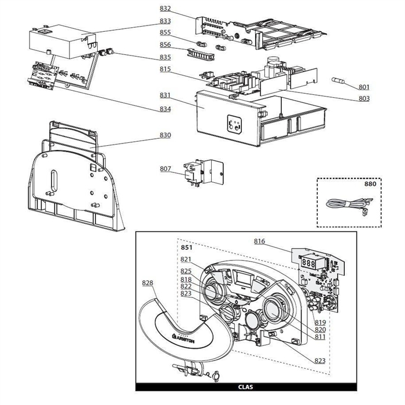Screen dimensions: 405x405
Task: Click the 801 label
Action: click(363, 87)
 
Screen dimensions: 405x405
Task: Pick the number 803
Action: click(363, 99)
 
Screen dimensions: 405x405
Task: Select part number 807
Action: click(165, 169)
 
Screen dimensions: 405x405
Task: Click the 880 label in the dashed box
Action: click(369, 186)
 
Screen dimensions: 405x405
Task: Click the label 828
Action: click(148, 283)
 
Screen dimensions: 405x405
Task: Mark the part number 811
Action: click(320, 336)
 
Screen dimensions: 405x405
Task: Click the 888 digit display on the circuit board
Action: click(308, 263)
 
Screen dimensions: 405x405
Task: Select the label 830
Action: click(165, 135)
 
